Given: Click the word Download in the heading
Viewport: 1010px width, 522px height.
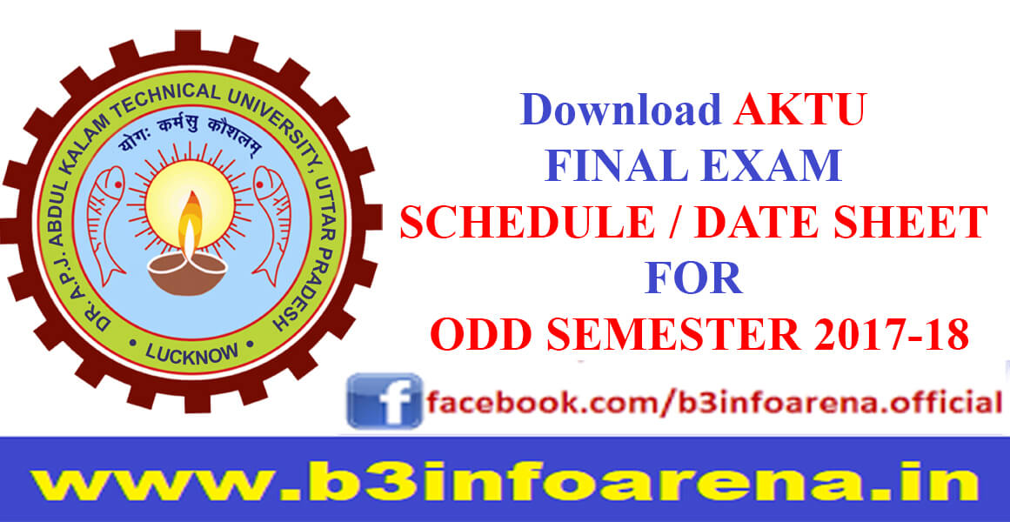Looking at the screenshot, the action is (620, 110).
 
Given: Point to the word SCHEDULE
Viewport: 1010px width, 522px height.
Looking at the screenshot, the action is (527, 223).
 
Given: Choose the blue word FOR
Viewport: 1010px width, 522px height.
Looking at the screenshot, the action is (693, 278).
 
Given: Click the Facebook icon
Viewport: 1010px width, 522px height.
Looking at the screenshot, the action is (385, 401).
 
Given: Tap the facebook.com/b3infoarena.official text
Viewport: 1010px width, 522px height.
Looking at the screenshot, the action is (713, 404).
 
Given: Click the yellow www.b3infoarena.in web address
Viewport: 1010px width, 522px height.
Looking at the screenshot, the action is (505, 482).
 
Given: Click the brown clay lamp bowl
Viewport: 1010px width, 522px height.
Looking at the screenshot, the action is (187, 274).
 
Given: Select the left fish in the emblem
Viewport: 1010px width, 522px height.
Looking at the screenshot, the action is (105, 217).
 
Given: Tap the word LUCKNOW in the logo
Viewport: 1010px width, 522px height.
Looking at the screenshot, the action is (192, 352).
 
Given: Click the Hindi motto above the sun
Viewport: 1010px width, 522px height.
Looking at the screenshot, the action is (190, 134).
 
